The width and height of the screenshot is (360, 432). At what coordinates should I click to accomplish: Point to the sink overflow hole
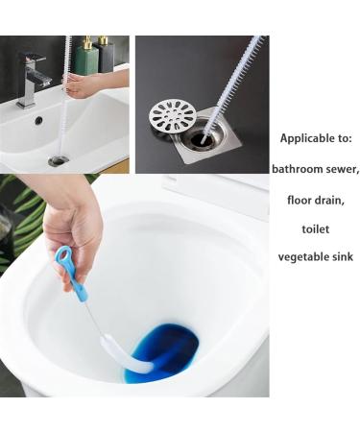coord(38,121)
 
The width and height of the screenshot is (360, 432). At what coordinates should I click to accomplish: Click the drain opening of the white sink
coord(59,160)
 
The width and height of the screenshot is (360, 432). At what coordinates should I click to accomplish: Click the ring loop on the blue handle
coord(62,255)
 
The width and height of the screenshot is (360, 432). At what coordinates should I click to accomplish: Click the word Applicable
coord(306,138)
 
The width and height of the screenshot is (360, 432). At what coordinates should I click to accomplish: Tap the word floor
coord(300,200)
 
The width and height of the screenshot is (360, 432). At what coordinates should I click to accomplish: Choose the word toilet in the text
coord(316,228)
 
